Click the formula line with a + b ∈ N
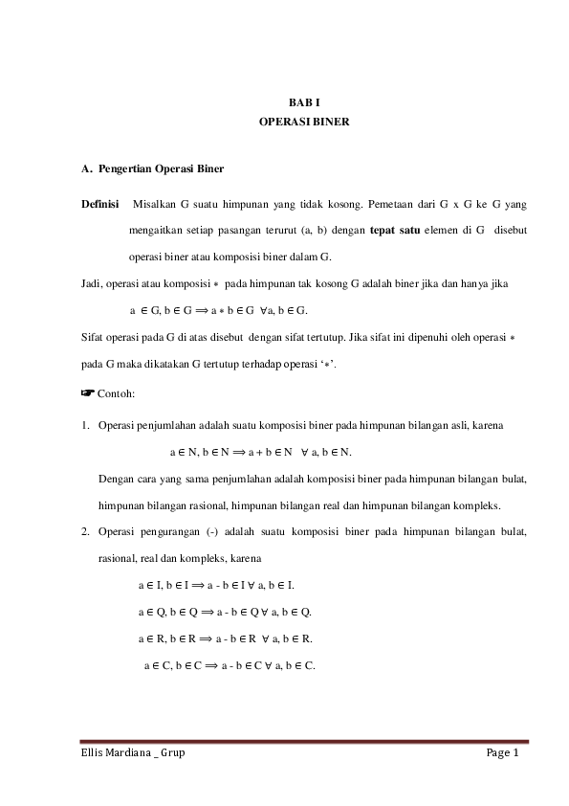point(260,451)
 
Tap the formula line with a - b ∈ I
point(216,584)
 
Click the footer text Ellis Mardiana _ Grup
point(133,754)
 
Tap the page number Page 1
point(502,754)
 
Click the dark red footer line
point(304,741)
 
